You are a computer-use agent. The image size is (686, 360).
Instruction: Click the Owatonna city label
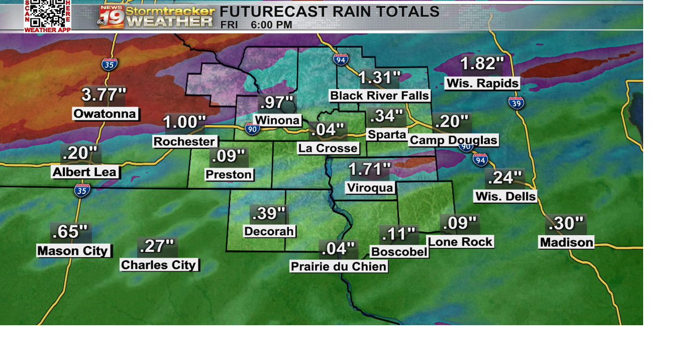pos(106,114)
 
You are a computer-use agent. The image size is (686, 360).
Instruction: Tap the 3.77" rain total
pos(103,95)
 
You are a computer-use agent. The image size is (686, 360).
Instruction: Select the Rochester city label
pos(185,141)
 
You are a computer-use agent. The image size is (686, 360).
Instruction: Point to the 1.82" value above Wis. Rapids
pos(482,64)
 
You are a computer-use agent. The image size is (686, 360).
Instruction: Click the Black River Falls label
pos(379,96)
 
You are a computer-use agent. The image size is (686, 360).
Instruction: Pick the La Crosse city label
pos(328,148)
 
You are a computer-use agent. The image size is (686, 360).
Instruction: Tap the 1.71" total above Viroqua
pos(369,170)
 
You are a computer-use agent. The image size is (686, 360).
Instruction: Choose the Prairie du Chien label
pos(338,266)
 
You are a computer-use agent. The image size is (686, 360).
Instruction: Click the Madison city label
pos(566,243)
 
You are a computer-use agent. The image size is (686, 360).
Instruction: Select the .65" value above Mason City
pos(71,232)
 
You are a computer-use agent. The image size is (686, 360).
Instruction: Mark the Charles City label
pos(159,265)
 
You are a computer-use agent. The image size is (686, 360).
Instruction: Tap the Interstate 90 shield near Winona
pos(252,129)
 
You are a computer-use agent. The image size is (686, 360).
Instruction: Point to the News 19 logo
pos(111,17)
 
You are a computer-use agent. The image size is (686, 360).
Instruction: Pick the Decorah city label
pos(269,231)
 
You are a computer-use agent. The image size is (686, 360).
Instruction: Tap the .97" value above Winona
pos(276,102)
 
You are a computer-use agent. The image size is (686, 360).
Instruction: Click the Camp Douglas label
pos(453,140)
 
